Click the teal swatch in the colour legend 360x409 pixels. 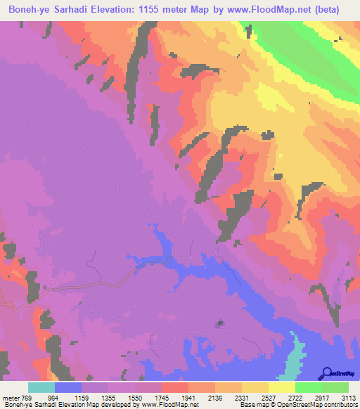[x=41, y=387]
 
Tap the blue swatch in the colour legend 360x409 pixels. [x=68, y=387]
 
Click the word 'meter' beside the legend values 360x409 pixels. [x=11, y=398]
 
